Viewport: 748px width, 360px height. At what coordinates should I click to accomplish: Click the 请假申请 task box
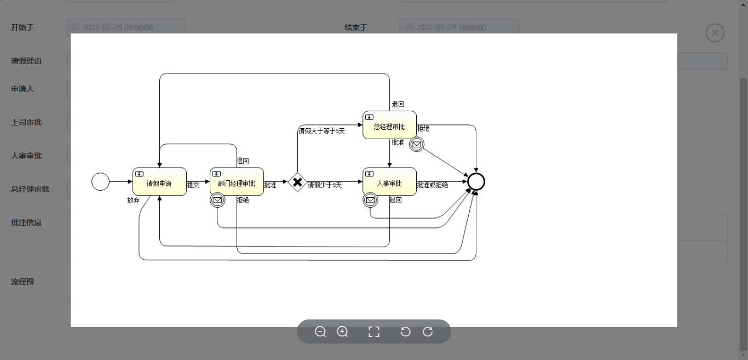click(x=159, y=181)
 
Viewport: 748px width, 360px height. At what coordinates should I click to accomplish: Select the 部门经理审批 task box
click(x=237, y=181)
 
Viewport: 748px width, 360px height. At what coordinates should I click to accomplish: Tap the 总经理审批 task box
click(x=389, y=125)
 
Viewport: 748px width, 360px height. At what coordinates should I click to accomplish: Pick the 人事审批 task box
click(x=389, y=181)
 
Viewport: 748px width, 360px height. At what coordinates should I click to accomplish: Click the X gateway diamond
click(x=297, y=182)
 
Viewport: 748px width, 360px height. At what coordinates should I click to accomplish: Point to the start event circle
click(x=101, y=182)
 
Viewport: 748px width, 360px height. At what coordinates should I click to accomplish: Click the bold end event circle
click(x=476, y=182)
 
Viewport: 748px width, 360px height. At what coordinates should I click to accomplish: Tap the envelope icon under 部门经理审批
click(x=217, y=200)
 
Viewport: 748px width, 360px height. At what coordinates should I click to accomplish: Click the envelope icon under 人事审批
click(x=370, y=200)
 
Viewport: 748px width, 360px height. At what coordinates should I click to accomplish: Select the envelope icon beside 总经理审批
click(x=417, y=145)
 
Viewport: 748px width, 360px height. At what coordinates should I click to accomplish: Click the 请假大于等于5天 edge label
click(x=321, y=131)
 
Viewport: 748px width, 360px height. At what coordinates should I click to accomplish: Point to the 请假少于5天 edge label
click(x=325, y=185)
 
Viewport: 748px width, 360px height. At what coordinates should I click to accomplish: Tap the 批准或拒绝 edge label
click(x=433, y=185)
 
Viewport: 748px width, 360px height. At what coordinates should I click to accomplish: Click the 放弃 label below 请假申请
click(x=133, y=200)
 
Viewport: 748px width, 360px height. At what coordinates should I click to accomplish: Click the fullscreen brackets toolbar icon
click(x=374, y=332)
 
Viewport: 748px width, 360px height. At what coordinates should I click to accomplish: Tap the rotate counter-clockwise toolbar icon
click(x=405, y=332)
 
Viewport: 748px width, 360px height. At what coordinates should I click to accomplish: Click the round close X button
click(x=715, y=33)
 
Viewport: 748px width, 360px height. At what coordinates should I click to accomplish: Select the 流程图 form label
click(x=22, y=282)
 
